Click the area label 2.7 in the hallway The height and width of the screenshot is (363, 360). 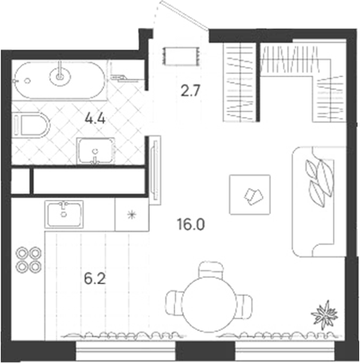pos(190,91)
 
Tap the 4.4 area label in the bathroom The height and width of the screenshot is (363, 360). pos(95,119)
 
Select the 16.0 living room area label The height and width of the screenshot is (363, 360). pos(190,224)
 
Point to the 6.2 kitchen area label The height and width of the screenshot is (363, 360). pos(95,279)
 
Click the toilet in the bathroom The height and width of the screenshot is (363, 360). pos(31,125)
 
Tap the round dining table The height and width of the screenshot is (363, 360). pos(209,304)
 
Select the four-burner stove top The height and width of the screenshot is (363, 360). pos(29,260)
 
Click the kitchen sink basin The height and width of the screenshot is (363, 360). pos(64,214)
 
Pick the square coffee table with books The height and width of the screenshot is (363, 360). pos(250,194)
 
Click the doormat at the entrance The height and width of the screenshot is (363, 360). pos(182,56)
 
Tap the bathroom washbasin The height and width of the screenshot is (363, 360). pos(96,151)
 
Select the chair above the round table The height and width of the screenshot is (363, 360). pos(210,269)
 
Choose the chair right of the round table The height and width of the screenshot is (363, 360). pos(245,304)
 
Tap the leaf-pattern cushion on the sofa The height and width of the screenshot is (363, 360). pos(319,182)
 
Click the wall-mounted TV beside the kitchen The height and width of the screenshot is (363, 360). pos(155,170)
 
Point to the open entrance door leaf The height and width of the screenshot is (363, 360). pos(185,15)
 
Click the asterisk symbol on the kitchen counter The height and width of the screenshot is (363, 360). pos(131,214)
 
